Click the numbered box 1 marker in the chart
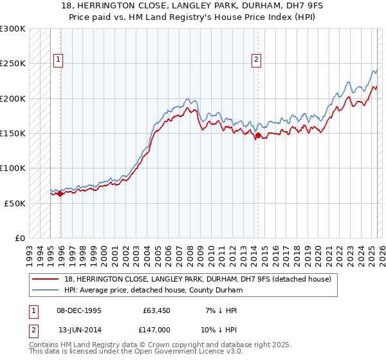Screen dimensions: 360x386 click(x=58, y=60)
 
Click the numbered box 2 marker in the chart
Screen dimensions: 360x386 click(x=256, y=60)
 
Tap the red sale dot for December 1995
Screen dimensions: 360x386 click(x=60, y=194)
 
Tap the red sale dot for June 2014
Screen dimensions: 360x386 click(x=258, y=136)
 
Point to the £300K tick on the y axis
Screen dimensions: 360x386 click(x=13, y=29)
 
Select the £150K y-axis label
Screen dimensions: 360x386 click(x=13, y=133)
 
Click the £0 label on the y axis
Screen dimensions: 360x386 click(x=20, y=238)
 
